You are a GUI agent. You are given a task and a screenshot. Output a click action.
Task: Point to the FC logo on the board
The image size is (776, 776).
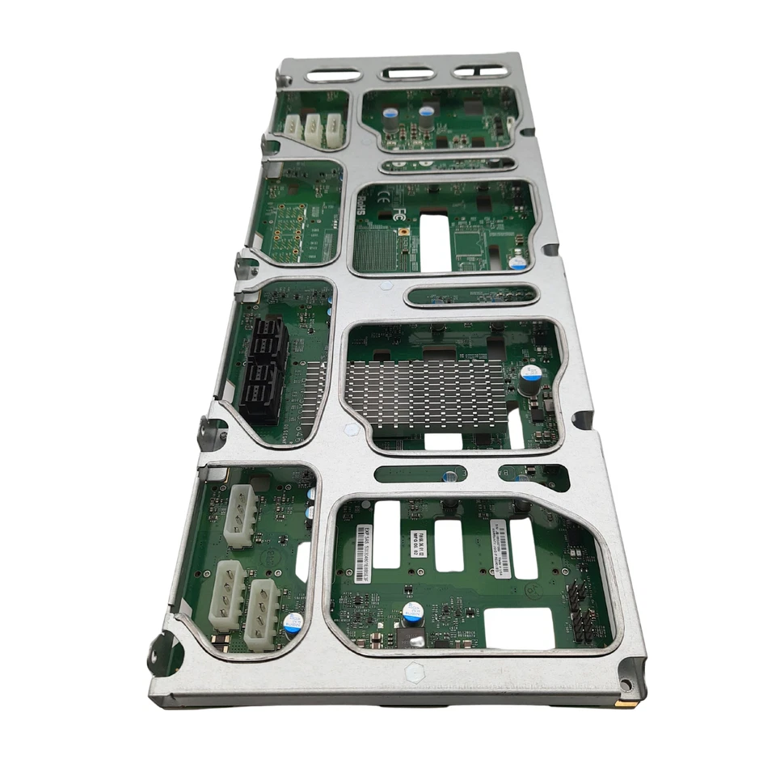(399, 214)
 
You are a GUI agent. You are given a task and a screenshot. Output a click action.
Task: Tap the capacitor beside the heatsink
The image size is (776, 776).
(529, 377)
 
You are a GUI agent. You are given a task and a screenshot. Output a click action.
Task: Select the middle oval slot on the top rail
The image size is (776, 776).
(408, 74)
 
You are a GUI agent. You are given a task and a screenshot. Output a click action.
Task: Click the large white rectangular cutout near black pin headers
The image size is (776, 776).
(519, 628)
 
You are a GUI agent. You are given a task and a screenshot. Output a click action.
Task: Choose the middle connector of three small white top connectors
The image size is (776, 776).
(314, 128)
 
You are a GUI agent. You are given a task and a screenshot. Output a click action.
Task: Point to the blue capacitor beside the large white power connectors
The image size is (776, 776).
(293, 622)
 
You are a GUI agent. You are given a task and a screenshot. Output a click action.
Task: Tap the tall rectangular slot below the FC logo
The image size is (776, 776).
(435, 243)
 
